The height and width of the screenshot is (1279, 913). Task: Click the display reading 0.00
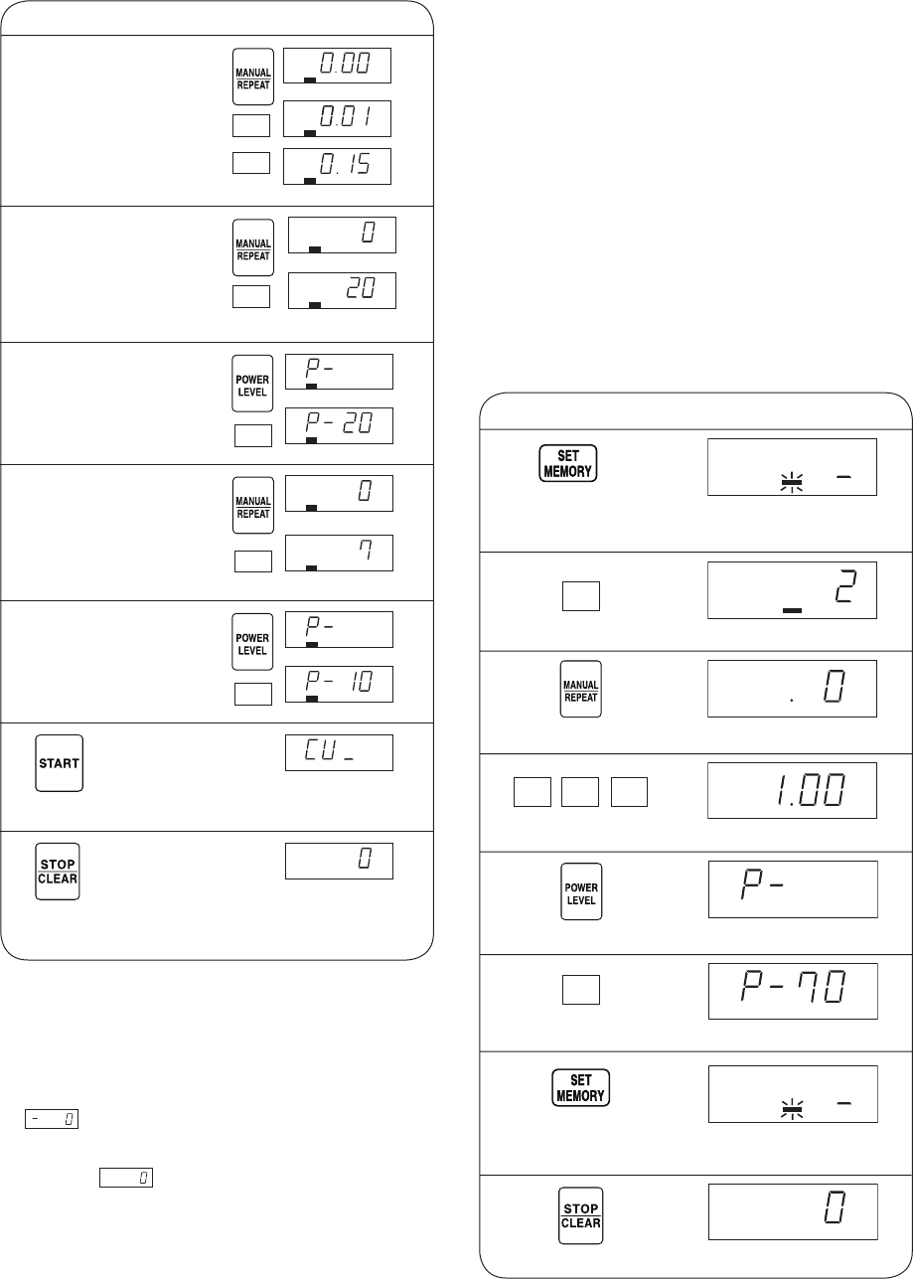[x=337, y=66]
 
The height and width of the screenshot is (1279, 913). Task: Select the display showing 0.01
[x=337, y=119]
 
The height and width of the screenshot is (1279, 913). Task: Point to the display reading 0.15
[x=337, y=166]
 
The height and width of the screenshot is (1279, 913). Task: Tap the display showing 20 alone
[x=342, y=290]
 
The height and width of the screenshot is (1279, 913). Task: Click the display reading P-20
[x=339, y=425]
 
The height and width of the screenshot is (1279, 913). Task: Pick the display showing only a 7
[x=339, y=553]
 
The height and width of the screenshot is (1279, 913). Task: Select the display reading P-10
[x=339, y=684]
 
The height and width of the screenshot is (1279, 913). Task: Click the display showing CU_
[x=339, y=752]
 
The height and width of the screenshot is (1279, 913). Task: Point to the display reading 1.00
[x=792, y=790]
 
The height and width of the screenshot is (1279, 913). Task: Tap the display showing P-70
[x=793, y=991]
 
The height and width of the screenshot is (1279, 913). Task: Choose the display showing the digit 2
[x=792, y=590]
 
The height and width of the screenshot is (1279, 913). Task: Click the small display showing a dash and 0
[x=52, y=1119]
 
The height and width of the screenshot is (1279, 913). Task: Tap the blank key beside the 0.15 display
[x=251, y=163]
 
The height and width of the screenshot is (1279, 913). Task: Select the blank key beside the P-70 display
[x=581, y=990]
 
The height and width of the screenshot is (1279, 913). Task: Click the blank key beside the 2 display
[x=581, y=596]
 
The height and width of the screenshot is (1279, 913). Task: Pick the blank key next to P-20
[x=252, y=435]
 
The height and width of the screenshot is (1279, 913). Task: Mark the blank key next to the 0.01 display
[x=251, y=125]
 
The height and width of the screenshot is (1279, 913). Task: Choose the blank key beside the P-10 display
[x=252, y=694]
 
